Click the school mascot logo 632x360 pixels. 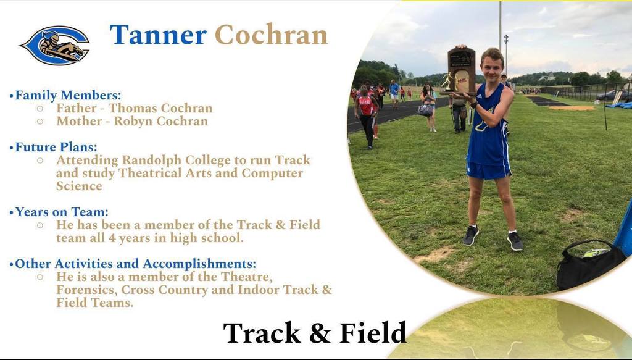click(55, 45)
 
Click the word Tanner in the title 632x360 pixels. click(158, 35)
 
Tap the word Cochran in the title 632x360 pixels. click(271, 35)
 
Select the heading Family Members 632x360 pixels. click(68, 96)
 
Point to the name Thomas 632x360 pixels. click(133, 109)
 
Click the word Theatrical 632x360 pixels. click(152, 174)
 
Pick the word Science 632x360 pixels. click(79, 186)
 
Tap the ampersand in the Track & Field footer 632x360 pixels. click(320, 333)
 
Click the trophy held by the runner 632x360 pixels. click(460, 71)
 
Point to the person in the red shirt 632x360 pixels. click(366, 105)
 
